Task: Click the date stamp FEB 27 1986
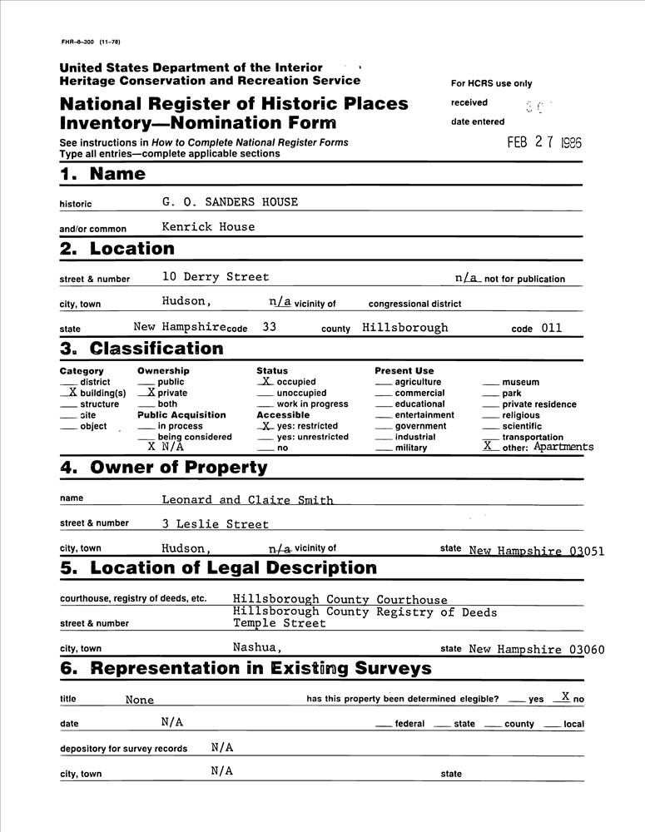coord(544,142)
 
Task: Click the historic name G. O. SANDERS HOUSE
coord(230,202)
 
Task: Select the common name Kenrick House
coord(208,226)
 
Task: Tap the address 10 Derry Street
coord(216,277)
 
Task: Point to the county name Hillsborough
coord(405,328)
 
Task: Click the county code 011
coord(552,328)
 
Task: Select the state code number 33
coord(269,328)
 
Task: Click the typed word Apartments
coord(563,447)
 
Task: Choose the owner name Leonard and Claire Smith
coord(247,500)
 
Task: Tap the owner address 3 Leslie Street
coord(216,524)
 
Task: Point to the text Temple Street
coord(280,623)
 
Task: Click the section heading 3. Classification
coord(141,349)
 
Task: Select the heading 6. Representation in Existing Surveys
coord(246,668)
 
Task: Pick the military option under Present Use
coord(411,448)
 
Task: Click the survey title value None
coord(140,700)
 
